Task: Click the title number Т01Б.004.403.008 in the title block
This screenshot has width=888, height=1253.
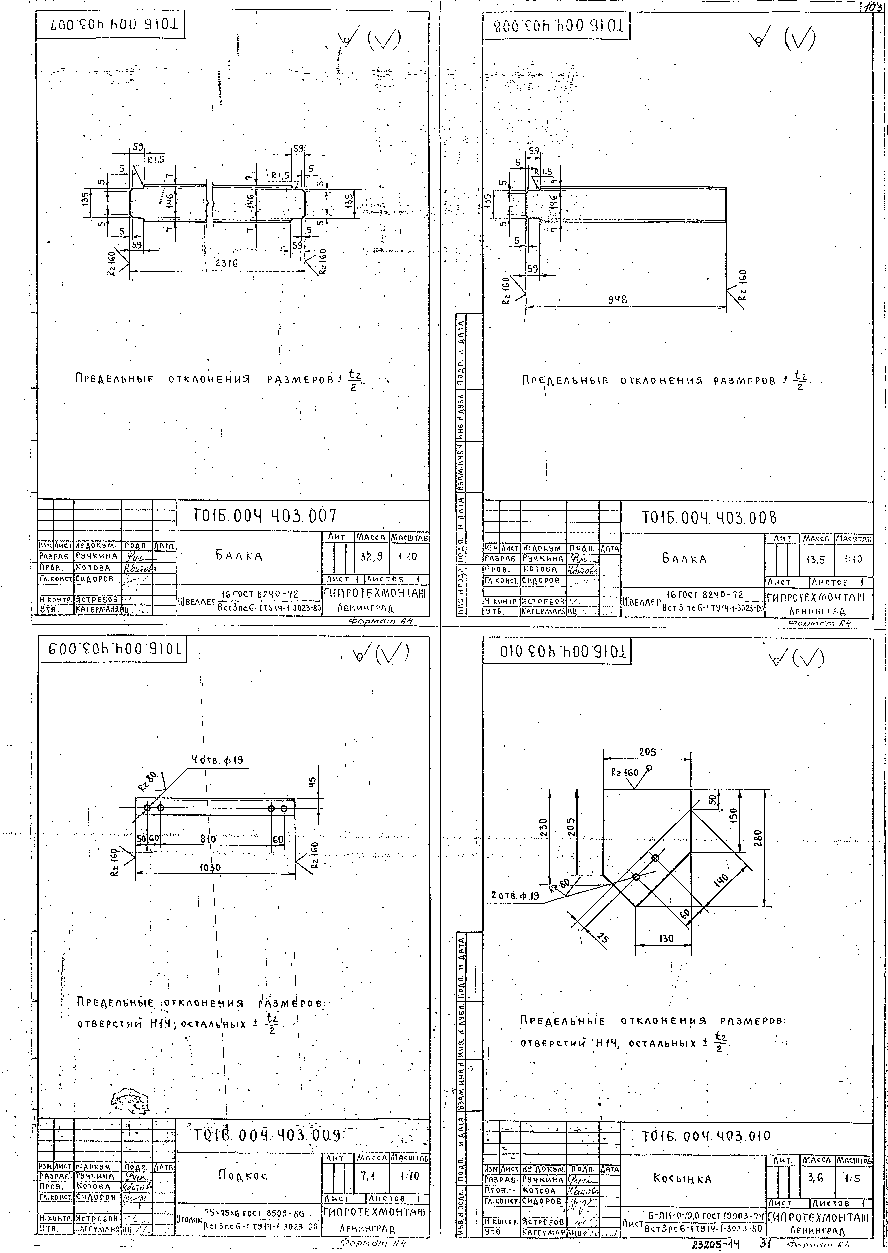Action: pos(709,517)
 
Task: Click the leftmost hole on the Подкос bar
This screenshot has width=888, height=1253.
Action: pos(147,807)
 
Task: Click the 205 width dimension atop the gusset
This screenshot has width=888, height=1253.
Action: pos(647,752)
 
